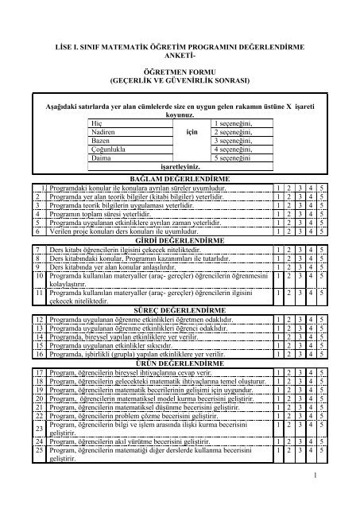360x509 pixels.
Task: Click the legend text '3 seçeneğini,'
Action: click(x=232, y=141)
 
